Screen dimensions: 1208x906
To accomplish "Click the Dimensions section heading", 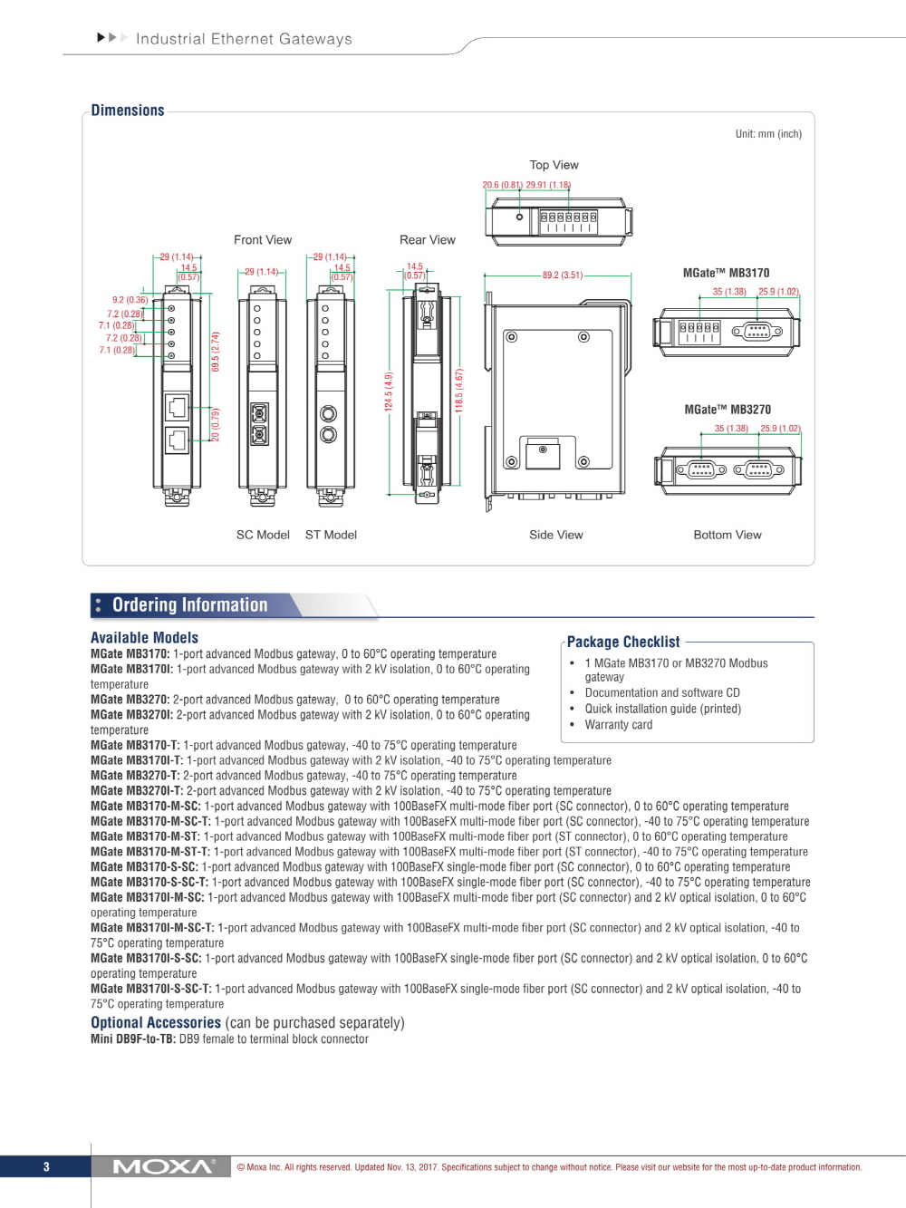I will [x=128, y=111].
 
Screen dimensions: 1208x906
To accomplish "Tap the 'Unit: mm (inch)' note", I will [x=768, y=134].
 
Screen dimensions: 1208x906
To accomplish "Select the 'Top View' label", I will [x=554, y=165].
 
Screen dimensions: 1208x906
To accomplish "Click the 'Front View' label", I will [x=263, y=240].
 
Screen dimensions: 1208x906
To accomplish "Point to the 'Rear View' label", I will [x=428, y=240].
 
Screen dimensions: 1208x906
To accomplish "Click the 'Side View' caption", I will [x=556, y=535].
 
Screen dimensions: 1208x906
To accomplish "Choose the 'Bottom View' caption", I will [x=728, y=535].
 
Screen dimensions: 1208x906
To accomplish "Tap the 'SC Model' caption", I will [x=263, y=535].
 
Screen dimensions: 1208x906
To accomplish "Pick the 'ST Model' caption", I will [x=331, y=535].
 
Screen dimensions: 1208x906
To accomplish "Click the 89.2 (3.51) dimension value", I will [x=563, y=275].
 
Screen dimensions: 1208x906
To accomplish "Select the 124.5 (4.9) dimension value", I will [x=389, y=392].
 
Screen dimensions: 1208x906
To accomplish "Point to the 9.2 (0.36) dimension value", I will [x=130, y=300].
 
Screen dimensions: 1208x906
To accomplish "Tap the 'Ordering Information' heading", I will [x=189, y=605].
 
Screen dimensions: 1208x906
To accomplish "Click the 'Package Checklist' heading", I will [x=623, y=642].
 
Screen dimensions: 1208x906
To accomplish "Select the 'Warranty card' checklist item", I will [x=619, y=725].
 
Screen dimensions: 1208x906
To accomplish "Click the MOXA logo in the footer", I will [x=163, y=1166].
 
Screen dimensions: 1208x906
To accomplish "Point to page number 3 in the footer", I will [x=46, y=1167].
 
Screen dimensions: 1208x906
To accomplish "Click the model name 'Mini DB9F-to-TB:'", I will [x=133, y=1039].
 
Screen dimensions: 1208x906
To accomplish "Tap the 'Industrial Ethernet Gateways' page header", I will [x=244, y=39].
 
